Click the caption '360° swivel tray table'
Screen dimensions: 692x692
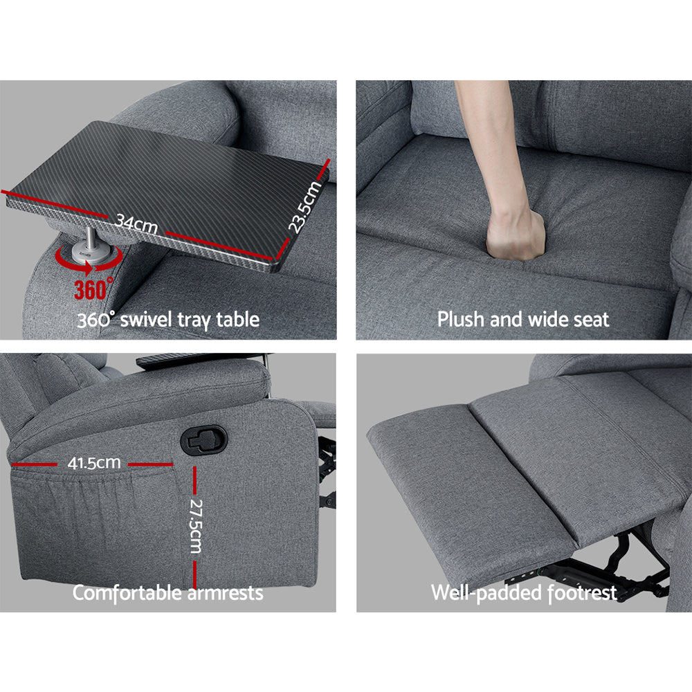click(x=168, y=320)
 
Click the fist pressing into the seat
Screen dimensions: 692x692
click(x=515, y=235)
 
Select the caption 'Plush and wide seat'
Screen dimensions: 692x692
click(x=523, y=320)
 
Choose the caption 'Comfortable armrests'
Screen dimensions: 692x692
click(x=167, y=593)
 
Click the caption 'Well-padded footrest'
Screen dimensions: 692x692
click(x=524, y=593)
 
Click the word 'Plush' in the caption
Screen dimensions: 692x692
click(x=462, y=320)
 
